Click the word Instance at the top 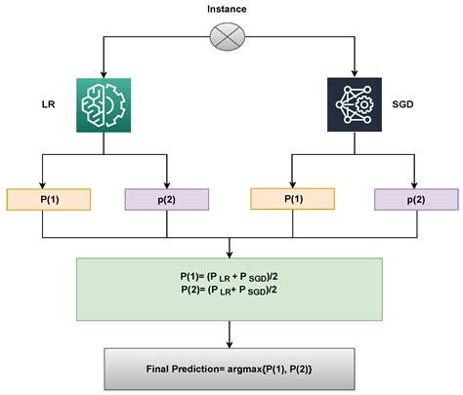(x=228, y=9)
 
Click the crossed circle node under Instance (x=228, y=38)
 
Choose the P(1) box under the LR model (x=47, y=199)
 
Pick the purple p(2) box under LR (x=167, y=199)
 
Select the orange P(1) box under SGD (x=292, y=199)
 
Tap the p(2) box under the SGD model (x=414, y=199)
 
